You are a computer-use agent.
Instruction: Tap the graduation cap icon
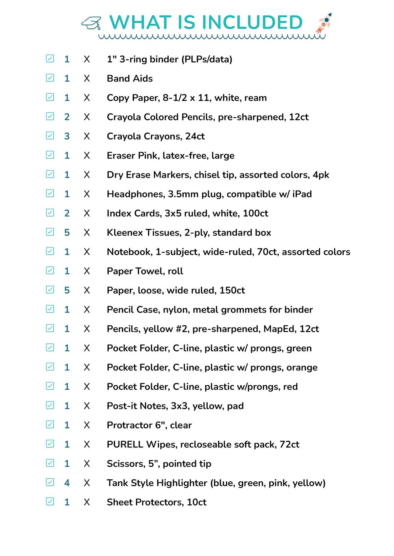[x=91, y=23]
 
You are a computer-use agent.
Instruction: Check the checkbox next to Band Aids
[x=50, y=78]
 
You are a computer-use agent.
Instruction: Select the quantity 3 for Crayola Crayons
[x=67, y=136]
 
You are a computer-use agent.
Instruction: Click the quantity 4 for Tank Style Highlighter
[x=67, y=483]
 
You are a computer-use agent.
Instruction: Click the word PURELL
[x=125, y=444]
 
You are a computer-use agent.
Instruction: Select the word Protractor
[x=129, y=425]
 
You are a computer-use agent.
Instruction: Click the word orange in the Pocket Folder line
[x=302, y=368]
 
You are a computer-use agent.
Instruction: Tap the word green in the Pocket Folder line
[x=299, y=348]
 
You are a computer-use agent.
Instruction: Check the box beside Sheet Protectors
[x=50, y=501]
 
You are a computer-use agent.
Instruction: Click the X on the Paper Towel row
[x=87, y=271]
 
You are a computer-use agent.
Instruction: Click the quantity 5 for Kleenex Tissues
[x=67, y=233]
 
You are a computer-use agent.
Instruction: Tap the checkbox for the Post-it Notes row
[x=50, y=405]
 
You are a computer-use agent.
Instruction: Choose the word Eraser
[x=121, y=156]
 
